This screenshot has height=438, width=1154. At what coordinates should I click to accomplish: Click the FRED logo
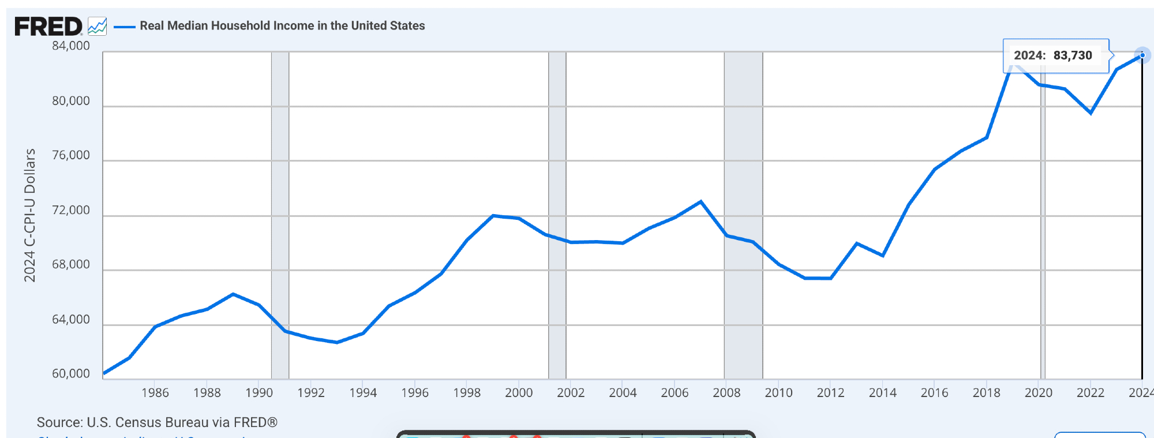(x=48, y=27)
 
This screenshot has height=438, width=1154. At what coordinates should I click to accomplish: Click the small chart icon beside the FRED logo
(x=97, y=26)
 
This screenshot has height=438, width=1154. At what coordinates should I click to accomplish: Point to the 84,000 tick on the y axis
(x=71, y=46)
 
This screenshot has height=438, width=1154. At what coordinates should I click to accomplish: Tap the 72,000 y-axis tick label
(x=71, y=210)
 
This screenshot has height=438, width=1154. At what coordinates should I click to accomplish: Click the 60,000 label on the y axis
(x=71, y=374)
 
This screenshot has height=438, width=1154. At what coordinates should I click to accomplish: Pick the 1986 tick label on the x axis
(x=155, y=393)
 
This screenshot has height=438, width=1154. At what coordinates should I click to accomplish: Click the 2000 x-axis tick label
(x=519, y=393)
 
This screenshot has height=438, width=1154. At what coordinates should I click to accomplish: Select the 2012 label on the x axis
(x=830, y=393)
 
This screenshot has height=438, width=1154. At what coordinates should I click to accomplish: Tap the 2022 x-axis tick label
(x=1090, y=393)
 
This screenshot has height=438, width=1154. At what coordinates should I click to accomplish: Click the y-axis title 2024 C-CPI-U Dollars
(x=30, y=215)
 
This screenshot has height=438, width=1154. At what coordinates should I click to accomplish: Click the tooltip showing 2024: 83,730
(x=1055, y=55)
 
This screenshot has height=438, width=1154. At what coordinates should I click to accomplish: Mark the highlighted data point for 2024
(x=1142, y=55)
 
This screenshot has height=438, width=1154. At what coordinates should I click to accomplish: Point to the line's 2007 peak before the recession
(x=700, y=201)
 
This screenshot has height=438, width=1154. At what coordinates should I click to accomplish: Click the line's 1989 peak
(x=233, y=294)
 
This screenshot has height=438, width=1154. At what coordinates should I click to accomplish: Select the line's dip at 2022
(x=1091, y=113)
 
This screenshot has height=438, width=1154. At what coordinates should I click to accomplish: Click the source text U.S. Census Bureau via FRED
(x=157, y=422)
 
